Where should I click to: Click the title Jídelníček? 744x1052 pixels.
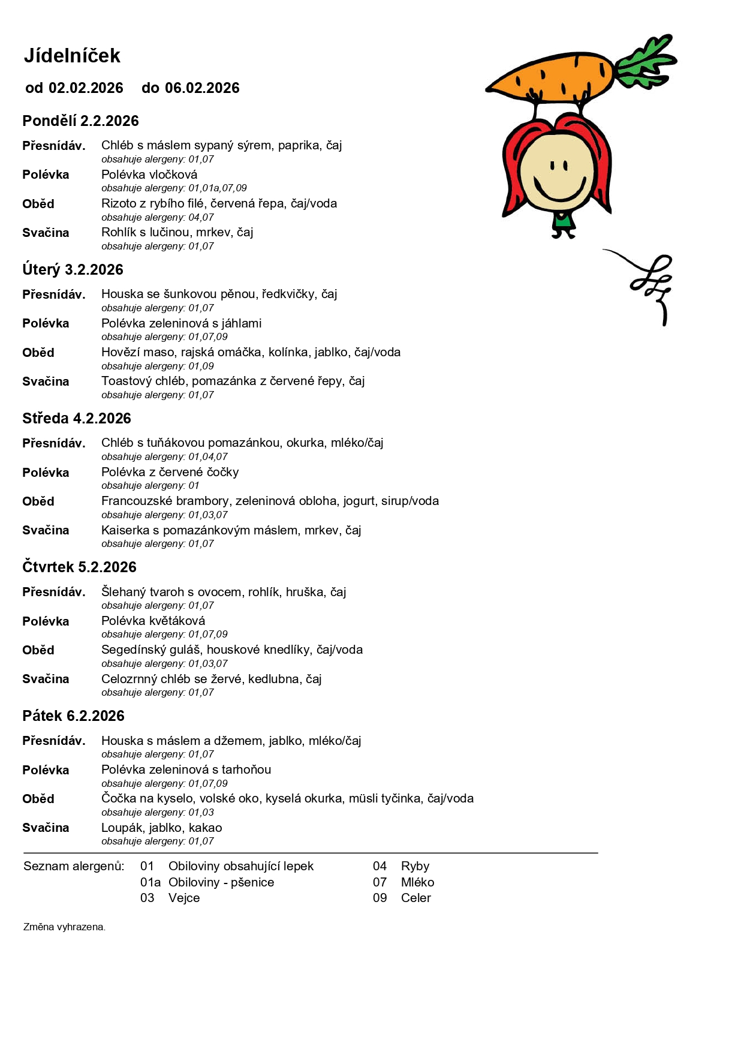[72, 56]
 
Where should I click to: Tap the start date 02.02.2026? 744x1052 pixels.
[86, 88]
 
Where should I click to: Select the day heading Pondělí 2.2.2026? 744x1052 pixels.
[80, 121]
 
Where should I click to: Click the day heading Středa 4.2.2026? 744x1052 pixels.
[77, 419]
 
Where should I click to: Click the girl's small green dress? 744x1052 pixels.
[562, 220]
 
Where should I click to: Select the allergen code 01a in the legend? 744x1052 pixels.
[150, 882]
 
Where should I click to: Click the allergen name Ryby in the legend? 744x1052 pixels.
[415, 866]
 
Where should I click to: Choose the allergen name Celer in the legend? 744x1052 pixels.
[416, 898]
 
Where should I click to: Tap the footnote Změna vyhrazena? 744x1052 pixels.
[64, 927]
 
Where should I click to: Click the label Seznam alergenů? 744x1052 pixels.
[74, 866]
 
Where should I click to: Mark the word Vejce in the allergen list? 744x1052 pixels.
[184, 898]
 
